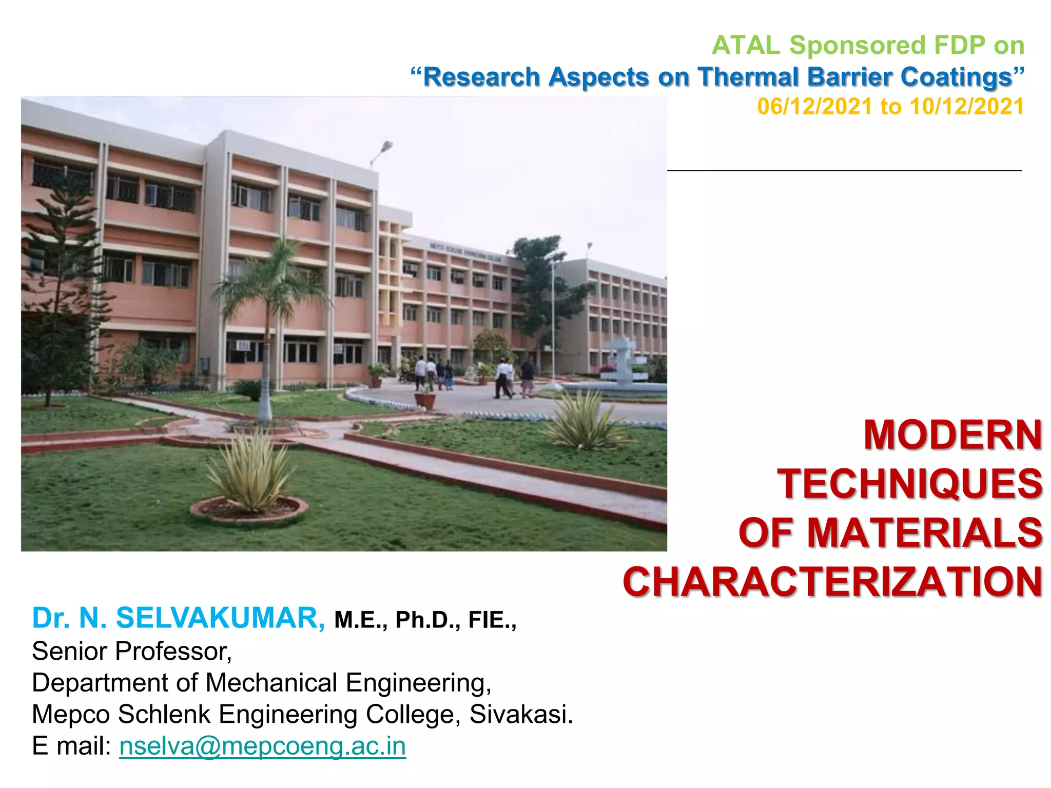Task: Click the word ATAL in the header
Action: pyautogui.click(x=746, y=46)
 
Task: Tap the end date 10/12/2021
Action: pyautogui.click(x=967, y=107)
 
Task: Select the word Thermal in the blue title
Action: pyautogui.click(x=747, y=77)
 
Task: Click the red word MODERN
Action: pyautogui.click(x=952, y=435)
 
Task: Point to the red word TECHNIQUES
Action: pyautogui.click(x=909, y=484)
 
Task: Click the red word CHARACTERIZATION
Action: pyautogui.click(x=832, y=582)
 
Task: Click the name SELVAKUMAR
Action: pyautogui.click(x=220, y=618)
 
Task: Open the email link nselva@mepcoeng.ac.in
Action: pyautogui.click(x=262, y=745)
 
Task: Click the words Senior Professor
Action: pyautogui.click(x=131, y=652)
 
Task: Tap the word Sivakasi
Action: pyautogui.click(x=521, y=714)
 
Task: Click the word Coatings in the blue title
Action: pyautogui.click(x=956, y=77)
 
